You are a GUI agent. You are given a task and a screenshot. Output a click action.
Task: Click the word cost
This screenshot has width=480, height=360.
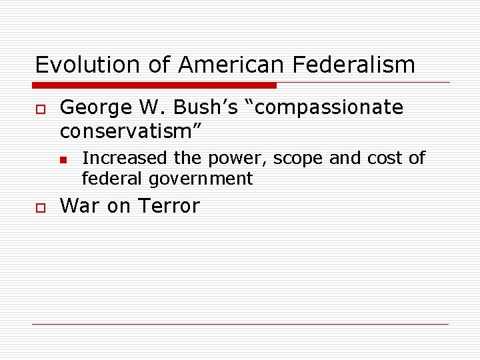tap(387, 158)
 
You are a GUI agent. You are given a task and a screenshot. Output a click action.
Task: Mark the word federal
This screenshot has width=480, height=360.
tap(107, 179)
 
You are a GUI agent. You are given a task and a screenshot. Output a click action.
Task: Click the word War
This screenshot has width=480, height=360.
tap(79, 206)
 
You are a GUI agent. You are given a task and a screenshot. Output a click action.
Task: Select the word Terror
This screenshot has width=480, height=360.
tap(168, 206)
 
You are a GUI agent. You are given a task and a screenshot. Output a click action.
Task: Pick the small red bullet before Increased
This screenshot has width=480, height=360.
tap(62, 159)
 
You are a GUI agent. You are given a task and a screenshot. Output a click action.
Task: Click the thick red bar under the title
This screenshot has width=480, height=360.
tap(155, 85)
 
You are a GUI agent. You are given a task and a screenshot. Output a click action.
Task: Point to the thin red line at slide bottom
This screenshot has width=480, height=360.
tap(240, 324)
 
